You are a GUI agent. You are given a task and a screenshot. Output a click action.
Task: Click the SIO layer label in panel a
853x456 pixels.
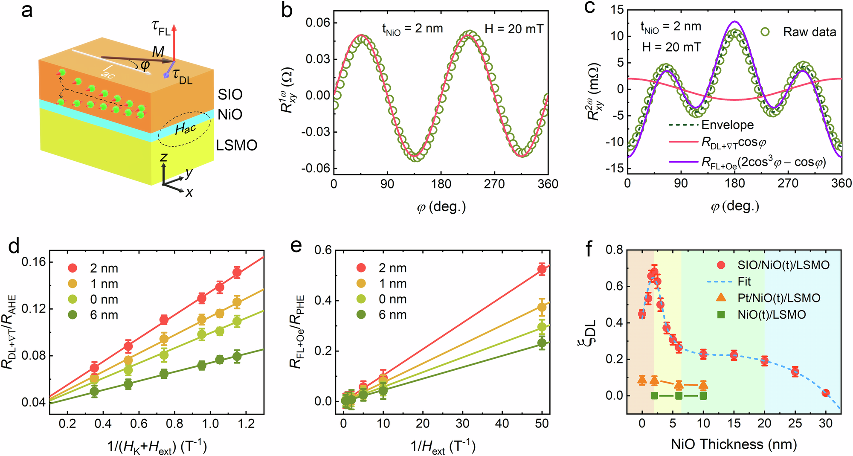click(230, 94)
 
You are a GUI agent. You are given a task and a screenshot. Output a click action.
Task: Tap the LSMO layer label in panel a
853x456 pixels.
click(236, 145)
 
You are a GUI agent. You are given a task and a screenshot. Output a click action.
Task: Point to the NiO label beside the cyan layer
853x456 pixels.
click(230, 114)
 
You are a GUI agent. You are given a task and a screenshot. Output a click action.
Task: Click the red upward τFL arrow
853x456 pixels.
click(174, 41)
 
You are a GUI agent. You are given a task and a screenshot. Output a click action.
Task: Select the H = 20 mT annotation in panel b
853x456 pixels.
click(514, 29)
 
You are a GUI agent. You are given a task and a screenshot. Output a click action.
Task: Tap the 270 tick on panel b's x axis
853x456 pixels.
click(494, 184)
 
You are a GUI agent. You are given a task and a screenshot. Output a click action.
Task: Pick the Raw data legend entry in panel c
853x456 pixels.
click(809, 32)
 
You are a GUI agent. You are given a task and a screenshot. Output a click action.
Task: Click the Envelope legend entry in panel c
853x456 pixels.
click(727, 125)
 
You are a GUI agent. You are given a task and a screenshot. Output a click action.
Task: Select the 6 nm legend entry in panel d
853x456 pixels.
click(104, 315)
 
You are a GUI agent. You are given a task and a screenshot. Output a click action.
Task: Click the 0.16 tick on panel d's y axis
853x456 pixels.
click(34, 262)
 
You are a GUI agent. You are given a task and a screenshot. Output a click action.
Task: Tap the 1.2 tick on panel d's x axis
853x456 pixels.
click(246, 424)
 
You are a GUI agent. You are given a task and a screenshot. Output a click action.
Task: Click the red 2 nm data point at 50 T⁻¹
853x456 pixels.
click(542, 269)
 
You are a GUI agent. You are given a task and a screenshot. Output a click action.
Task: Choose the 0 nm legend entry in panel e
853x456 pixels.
click(392, 299)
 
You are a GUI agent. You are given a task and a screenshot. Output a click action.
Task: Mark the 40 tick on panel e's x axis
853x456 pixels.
click(502, 424)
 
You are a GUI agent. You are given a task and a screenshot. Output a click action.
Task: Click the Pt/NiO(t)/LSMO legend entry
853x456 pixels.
click(779, 298)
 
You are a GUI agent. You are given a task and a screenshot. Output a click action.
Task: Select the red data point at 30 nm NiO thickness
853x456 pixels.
click(826, 393)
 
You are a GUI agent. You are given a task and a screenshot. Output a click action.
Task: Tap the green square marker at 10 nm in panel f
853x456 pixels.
click(703, 396)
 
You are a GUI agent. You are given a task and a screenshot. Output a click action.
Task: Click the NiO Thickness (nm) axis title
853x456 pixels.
click(734, 444)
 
